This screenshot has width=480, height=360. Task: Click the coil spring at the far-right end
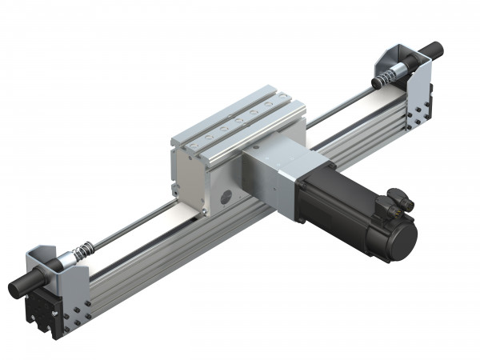pyautogui.click(x=386, y=77)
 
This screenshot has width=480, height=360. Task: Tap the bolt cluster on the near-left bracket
pyautogui.click(x=74, y=316)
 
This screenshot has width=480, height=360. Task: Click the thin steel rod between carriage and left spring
pyautogui.click(x=128, y=232)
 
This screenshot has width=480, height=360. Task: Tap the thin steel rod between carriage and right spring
pyautogui.click(x=336, y=102)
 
